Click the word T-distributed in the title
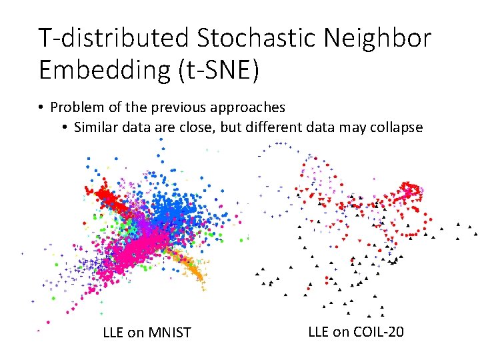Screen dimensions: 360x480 113,38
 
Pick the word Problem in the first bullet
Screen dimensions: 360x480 75,107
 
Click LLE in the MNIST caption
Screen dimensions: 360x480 113,332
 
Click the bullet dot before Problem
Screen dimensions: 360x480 41,107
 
